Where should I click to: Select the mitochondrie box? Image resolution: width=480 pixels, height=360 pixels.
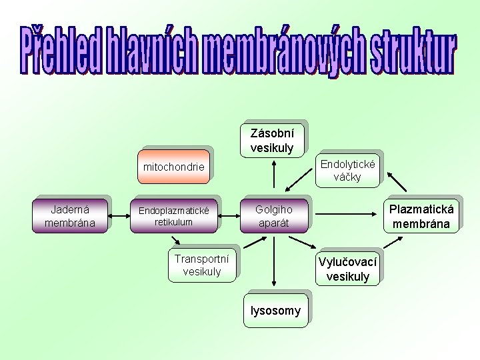[x=174, y=167]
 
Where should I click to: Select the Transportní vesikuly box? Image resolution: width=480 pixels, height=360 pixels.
[x=201, y=265]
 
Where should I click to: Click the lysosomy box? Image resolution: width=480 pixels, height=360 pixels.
[x=275, y=311]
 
